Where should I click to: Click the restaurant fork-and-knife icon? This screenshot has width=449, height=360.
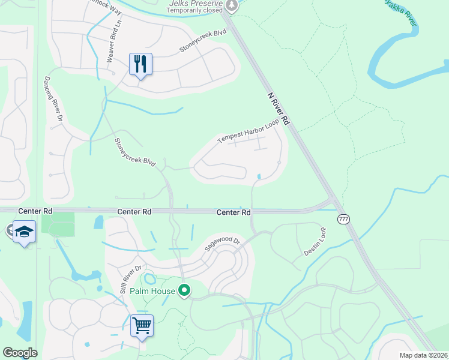point(140,64)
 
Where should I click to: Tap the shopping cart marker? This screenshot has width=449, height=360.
point(142,326)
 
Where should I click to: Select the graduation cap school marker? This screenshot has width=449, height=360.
point(24,232)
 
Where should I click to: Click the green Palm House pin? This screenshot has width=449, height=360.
point(185,291)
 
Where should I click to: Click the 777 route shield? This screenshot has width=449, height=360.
point(343,218)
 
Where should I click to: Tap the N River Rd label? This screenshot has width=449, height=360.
point(279,109)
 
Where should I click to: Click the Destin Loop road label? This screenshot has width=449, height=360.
point(315,241)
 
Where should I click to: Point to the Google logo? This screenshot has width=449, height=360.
point(20,353)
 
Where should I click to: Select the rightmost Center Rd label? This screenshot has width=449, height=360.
point(233,212)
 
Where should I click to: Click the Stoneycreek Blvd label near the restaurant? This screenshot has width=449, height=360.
point(203,42)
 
